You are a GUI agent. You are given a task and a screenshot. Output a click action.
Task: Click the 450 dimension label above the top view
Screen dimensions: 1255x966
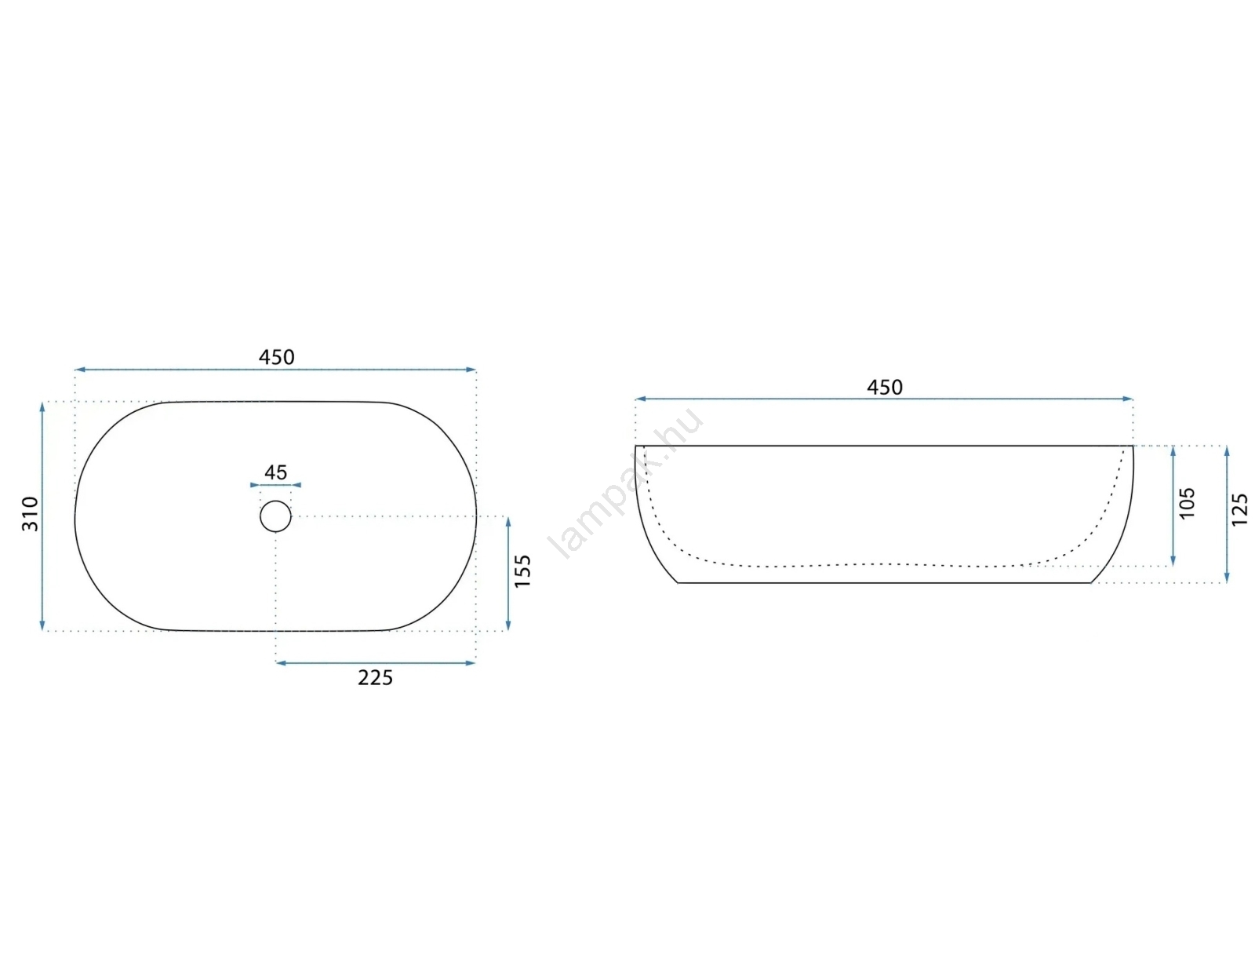pyautogui.click(x=276, y=358)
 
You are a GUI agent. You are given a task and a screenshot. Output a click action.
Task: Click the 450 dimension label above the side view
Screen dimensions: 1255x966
pyautogui.click(x=884, y=387)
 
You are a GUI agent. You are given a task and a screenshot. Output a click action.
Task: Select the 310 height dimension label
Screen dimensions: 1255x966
pyautogui.click(x=30, y=514)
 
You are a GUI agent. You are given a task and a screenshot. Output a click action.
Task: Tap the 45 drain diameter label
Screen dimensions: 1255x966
pyautogui.click(x=275, y=472)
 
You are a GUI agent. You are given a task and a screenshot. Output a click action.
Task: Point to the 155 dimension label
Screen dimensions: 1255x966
pyautogui.click(x=522, y=570)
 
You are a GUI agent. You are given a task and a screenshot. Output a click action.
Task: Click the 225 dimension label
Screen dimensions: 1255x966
pyautogui.click(x=376, y=678)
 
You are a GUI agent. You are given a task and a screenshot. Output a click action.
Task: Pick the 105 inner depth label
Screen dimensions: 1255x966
pyautogui.click(x=1187, y=503)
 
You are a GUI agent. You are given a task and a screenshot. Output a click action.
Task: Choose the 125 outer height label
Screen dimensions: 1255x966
pyautogui.click(x=1239, y=509)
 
